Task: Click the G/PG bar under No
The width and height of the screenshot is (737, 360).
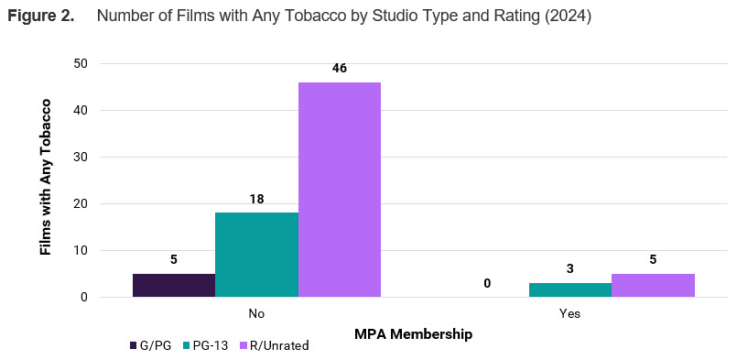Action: (x=174, y=285)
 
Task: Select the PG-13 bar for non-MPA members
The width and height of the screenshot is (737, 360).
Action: (x=256, y=255)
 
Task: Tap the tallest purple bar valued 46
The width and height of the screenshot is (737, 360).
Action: (x=340, y=190)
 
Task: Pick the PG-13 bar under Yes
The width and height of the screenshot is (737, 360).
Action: (x=569, y=289)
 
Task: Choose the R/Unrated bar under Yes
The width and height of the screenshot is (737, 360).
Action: (x=653, y=285)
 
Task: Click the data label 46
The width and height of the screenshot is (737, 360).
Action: (x=340, y=69)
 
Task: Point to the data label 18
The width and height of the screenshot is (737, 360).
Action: (x=256, y=200)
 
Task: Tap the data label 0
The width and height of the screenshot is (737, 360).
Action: (x=487, y=284)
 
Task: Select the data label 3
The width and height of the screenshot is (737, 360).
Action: (x=569, y=269)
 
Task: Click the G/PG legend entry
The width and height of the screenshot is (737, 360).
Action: (x=150, y=345)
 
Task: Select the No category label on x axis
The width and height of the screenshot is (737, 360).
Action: (x=256, y=313)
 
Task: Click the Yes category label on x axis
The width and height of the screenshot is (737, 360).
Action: (x=569, y=313)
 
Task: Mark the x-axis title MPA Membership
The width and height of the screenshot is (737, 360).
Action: (x=413, y=334)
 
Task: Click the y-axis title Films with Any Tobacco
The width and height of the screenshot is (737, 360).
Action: (x=46, y=177)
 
